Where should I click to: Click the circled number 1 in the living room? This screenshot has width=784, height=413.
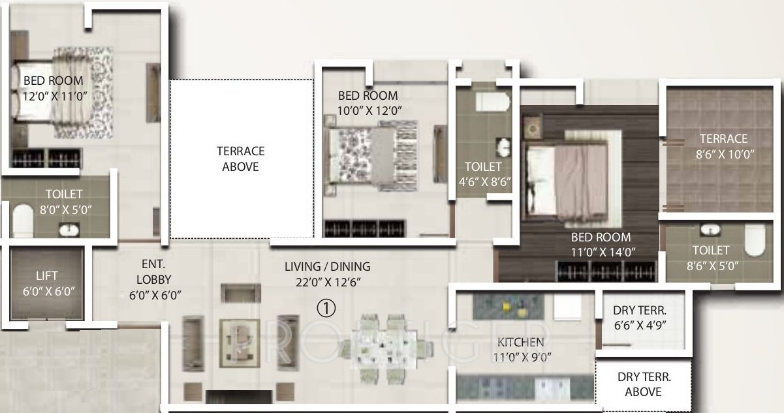pos(327,307)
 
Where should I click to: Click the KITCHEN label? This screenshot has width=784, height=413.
pos(520,343)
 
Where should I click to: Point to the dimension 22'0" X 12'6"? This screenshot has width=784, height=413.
pos(327,282)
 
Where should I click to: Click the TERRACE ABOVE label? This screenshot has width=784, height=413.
pos(241,159)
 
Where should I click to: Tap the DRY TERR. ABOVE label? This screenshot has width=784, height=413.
pos(643,384)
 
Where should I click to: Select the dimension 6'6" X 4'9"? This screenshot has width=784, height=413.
pos(640,325)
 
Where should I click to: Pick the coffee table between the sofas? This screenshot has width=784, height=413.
pos(240,339)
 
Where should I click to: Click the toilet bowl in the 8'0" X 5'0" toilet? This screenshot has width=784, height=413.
pos(23,221)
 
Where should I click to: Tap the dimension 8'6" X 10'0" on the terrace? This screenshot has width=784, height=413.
pos(723,155)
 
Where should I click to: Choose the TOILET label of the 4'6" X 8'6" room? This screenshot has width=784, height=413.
pos(483,166)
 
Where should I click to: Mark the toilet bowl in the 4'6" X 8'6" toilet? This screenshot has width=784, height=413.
pos(491,102)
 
